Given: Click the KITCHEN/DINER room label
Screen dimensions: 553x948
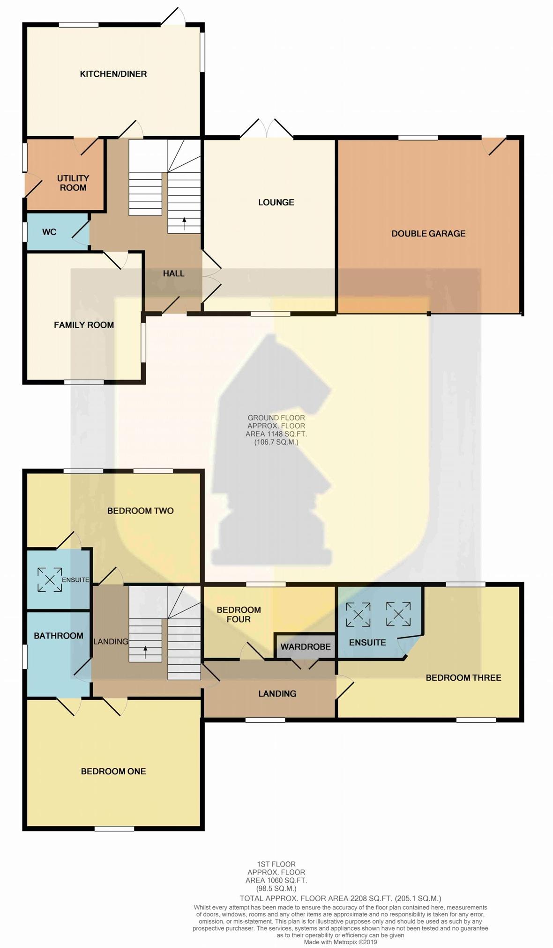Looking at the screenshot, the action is click(113, 74).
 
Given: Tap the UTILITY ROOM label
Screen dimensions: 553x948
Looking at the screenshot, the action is click(73, 183).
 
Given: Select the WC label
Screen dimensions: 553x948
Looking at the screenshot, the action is click(49, 232).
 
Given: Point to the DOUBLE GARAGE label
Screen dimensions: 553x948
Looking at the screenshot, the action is click(428, 233).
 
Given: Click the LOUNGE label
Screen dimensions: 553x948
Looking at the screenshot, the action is click(276, 202).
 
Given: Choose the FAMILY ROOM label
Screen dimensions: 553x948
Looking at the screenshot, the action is click(84, 325).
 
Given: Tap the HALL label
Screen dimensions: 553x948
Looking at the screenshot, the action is click(173, 273).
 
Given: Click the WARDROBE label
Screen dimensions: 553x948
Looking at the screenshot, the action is click(306, 647).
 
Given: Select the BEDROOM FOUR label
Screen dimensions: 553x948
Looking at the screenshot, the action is click(239, 614).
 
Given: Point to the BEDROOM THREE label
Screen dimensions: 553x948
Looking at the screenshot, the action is click(463, 677).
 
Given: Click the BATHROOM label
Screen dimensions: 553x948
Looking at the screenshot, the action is click(59, 635).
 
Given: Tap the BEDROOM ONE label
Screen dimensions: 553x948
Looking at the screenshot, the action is click(113, 771).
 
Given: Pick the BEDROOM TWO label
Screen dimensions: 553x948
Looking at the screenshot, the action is click(141, 511).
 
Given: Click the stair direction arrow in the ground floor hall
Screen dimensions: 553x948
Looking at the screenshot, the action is click(184, 223).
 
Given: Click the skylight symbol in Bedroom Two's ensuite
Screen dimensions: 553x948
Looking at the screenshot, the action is click(50, 580).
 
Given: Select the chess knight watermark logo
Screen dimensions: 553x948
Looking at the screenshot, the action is click(272, 449).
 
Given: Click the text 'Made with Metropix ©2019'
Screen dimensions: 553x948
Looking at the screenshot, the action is click(340, 942).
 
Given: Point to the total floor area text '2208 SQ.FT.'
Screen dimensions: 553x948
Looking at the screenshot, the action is click(371, 898).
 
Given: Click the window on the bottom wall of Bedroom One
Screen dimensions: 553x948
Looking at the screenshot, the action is click(114, 829).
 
